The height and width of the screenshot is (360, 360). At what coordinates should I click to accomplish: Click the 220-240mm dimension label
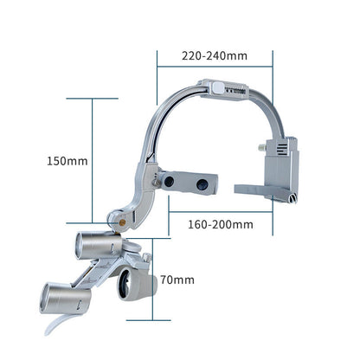click(x=215, y=55)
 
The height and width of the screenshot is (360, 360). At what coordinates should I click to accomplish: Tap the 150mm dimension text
click(x=67, y=161)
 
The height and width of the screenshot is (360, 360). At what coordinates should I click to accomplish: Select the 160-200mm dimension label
click(x=221, y=224)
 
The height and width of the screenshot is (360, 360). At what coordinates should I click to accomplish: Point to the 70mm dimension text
click(x=177, y=280)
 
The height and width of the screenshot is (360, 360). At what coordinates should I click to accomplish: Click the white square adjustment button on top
click(x=217, y=87)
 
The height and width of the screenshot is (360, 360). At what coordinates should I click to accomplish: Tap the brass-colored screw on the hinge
click(x=122, y=222)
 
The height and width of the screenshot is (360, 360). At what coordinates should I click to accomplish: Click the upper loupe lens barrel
click(x=98, y=246)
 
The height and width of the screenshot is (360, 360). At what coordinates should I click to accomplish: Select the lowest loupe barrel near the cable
click(x=66, y=299)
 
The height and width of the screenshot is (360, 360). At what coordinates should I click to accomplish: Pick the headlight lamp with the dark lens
click(x=137, y=284)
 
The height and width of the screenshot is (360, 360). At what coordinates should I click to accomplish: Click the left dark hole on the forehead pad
click(x=169, y=181)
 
